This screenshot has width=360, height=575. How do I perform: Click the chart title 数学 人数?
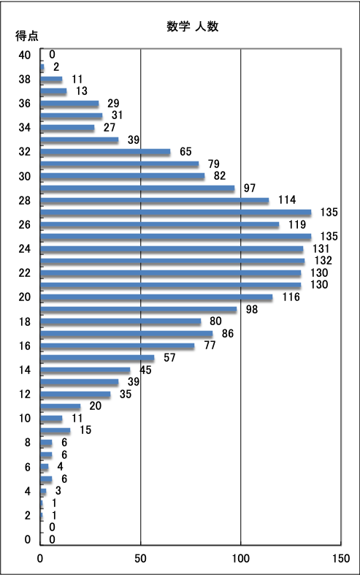[x=193, y=26]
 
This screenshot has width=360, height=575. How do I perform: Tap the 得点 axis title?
[x=27, y=36]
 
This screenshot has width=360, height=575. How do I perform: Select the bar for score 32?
[x=105, y=152]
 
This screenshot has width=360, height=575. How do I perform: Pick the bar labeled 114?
[x=154, y=201]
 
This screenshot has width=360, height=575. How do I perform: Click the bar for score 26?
[x=159, y=225]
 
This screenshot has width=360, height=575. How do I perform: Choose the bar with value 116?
[x=156, y=297]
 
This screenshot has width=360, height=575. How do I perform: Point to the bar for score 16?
[x=118, y=346]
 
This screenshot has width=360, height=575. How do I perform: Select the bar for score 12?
[x=75, y=395]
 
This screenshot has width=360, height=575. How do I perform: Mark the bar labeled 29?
[x=69, y=104]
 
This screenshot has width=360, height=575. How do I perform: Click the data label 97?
[x=250, y=188]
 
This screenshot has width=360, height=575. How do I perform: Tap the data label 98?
[x=252, y=310]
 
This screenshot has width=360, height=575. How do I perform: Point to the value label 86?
[x=228, y=333]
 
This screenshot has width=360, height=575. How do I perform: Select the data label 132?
[x=323, y=260]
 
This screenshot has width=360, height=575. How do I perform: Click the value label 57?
[x=169, y=357]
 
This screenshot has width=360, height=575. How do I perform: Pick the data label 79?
[x=214, y=164]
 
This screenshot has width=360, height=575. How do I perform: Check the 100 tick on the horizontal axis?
[x=241, y=558]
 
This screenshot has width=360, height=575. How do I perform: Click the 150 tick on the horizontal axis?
[x=341, y=558]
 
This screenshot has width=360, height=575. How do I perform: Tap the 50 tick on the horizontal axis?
[x=140, y=558]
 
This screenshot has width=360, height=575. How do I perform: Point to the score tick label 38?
[x=25, y=79]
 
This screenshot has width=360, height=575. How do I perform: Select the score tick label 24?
[x=25, y=249]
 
